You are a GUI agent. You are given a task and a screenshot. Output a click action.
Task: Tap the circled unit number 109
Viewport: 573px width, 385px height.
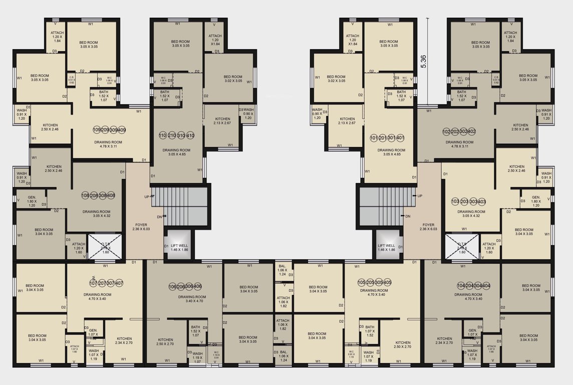pos(97,130)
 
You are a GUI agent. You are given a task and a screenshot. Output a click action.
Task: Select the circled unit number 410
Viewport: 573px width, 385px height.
pos(190,136)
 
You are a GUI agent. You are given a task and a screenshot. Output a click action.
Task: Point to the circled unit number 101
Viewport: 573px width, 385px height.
pos(373,138)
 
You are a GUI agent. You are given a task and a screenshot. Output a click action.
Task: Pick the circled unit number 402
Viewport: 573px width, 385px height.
pos(471,132)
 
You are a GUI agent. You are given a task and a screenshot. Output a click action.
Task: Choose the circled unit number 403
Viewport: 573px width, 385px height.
pos(481,202)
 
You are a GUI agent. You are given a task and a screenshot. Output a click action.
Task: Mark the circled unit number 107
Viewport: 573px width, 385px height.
pos(93,283)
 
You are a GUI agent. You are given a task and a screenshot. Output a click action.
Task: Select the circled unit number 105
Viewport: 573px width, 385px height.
pos(362,283)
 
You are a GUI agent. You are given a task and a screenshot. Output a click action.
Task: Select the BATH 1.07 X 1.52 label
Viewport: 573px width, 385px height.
pos(370,331)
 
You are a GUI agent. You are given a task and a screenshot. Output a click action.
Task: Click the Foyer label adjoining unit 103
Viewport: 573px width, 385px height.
pos(428,227)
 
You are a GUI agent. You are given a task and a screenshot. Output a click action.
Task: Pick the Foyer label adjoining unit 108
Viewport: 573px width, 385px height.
pos(141,227)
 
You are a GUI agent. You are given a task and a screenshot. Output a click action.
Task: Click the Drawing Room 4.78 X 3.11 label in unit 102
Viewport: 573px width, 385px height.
pos(460,144)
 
